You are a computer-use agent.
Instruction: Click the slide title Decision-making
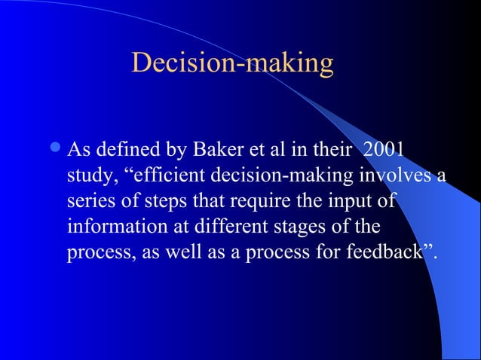pyautogui.click(x=232, y=64)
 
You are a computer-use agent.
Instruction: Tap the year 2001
pyautogui.click(x=383, y=151)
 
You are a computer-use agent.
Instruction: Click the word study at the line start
pyautogui.click(x=86, y=176)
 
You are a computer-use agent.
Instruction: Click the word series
pyautogui.click(x=88, y=202)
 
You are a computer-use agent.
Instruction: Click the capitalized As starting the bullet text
pyautogui.click(x=77, y=151)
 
